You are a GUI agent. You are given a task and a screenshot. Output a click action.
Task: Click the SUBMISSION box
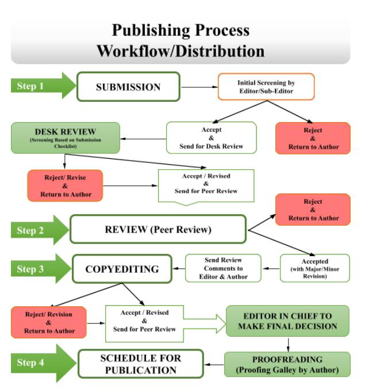128,87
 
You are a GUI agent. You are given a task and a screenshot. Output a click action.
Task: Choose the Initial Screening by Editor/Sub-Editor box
266,87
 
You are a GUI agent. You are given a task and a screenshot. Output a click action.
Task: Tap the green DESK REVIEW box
65,138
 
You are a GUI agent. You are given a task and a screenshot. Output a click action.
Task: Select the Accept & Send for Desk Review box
212,138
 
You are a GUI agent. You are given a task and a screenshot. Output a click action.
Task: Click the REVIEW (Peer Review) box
157,230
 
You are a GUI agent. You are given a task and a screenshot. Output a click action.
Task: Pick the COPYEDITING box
121,269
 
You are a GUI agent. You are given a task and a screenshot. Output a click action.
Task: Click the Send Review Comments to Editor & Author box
224,268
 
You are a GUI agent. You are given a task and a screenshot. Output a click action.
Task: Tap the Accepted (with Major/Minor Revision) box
314,268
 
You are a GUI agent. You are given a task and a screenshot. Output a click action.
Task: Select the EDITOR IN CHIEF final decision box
287,321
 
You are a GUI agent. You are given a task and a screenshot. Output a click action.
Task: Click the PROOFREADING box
287,364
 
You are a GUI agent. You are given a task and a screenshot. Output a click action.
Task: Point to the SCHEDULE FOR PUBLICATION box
141,364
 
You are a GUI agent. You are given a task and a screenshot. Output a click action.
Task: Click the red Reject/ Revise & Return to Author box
65,186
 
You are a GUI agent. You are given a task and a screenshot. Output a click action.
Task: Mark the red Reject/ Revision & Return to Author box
49,322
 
